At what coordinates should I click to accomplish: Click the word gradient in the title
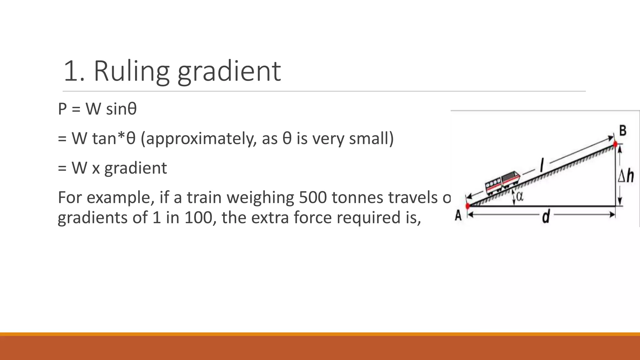(x=229, y=72)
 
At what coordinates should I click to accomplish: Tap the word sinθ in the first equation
(x=121, y=109)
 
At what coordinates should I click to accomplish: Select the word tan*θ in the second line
(x=114, y=138)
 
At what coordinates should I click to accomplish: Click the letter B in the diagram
(x=622, y=131)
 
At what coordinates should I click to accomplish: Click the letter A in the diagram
(x=458, y=215)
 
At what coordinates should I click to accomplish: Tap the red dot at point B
(x=615, y=144)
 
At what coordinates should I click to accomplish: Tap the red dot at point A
(x=467, y=206)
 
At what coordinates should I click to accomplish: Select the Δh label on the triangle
(x=626, y=176)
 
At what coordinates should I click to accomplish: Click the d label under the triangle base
(x=546, y=216)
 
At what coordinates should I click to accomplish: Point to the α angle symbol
(x=520, y=197)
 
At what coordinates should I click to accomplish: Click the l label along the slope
(x=542, y=165)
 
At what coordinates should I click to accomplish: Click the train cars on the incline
(x=502, y=182)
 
